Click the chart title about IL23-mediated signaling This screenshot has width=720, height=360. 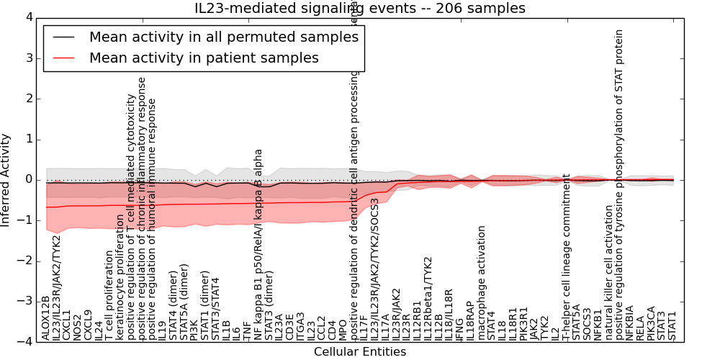click(360, 8)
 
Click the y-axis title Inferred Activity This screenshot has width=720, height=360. click(6, 179)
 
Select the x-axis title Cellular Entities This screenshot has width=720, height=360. click(360, 352)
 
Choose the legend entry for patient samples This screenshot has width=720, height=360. click(204, 58)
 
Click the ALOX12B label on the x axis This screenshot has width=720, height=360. click(46, 318)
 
